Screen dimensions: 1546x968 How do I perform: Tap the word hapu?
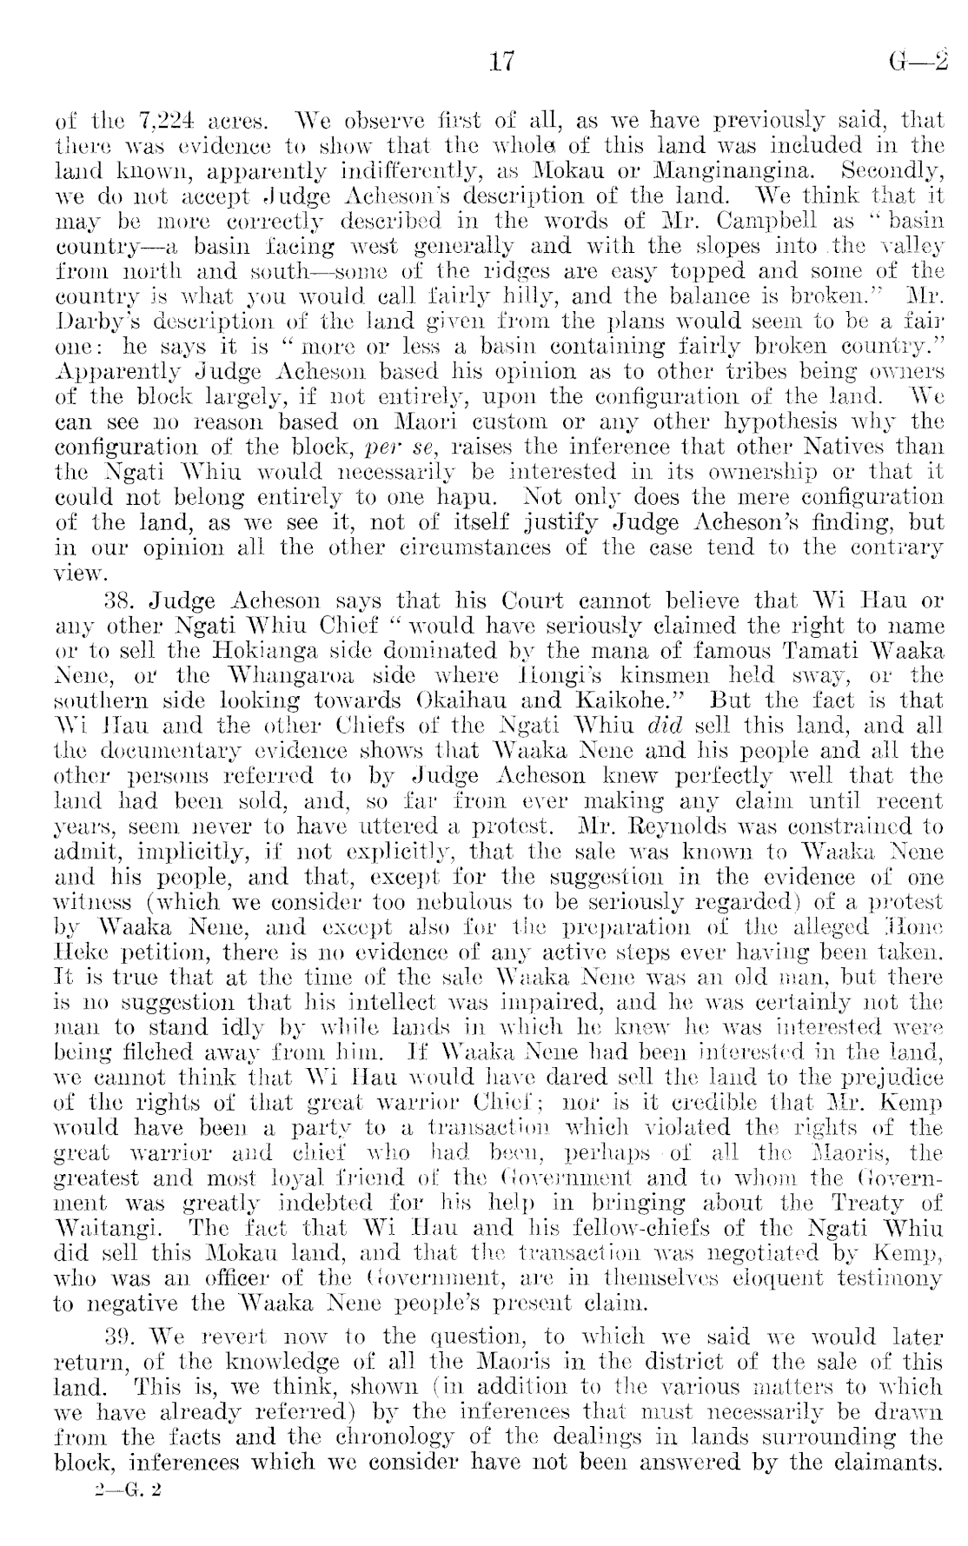476,498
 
